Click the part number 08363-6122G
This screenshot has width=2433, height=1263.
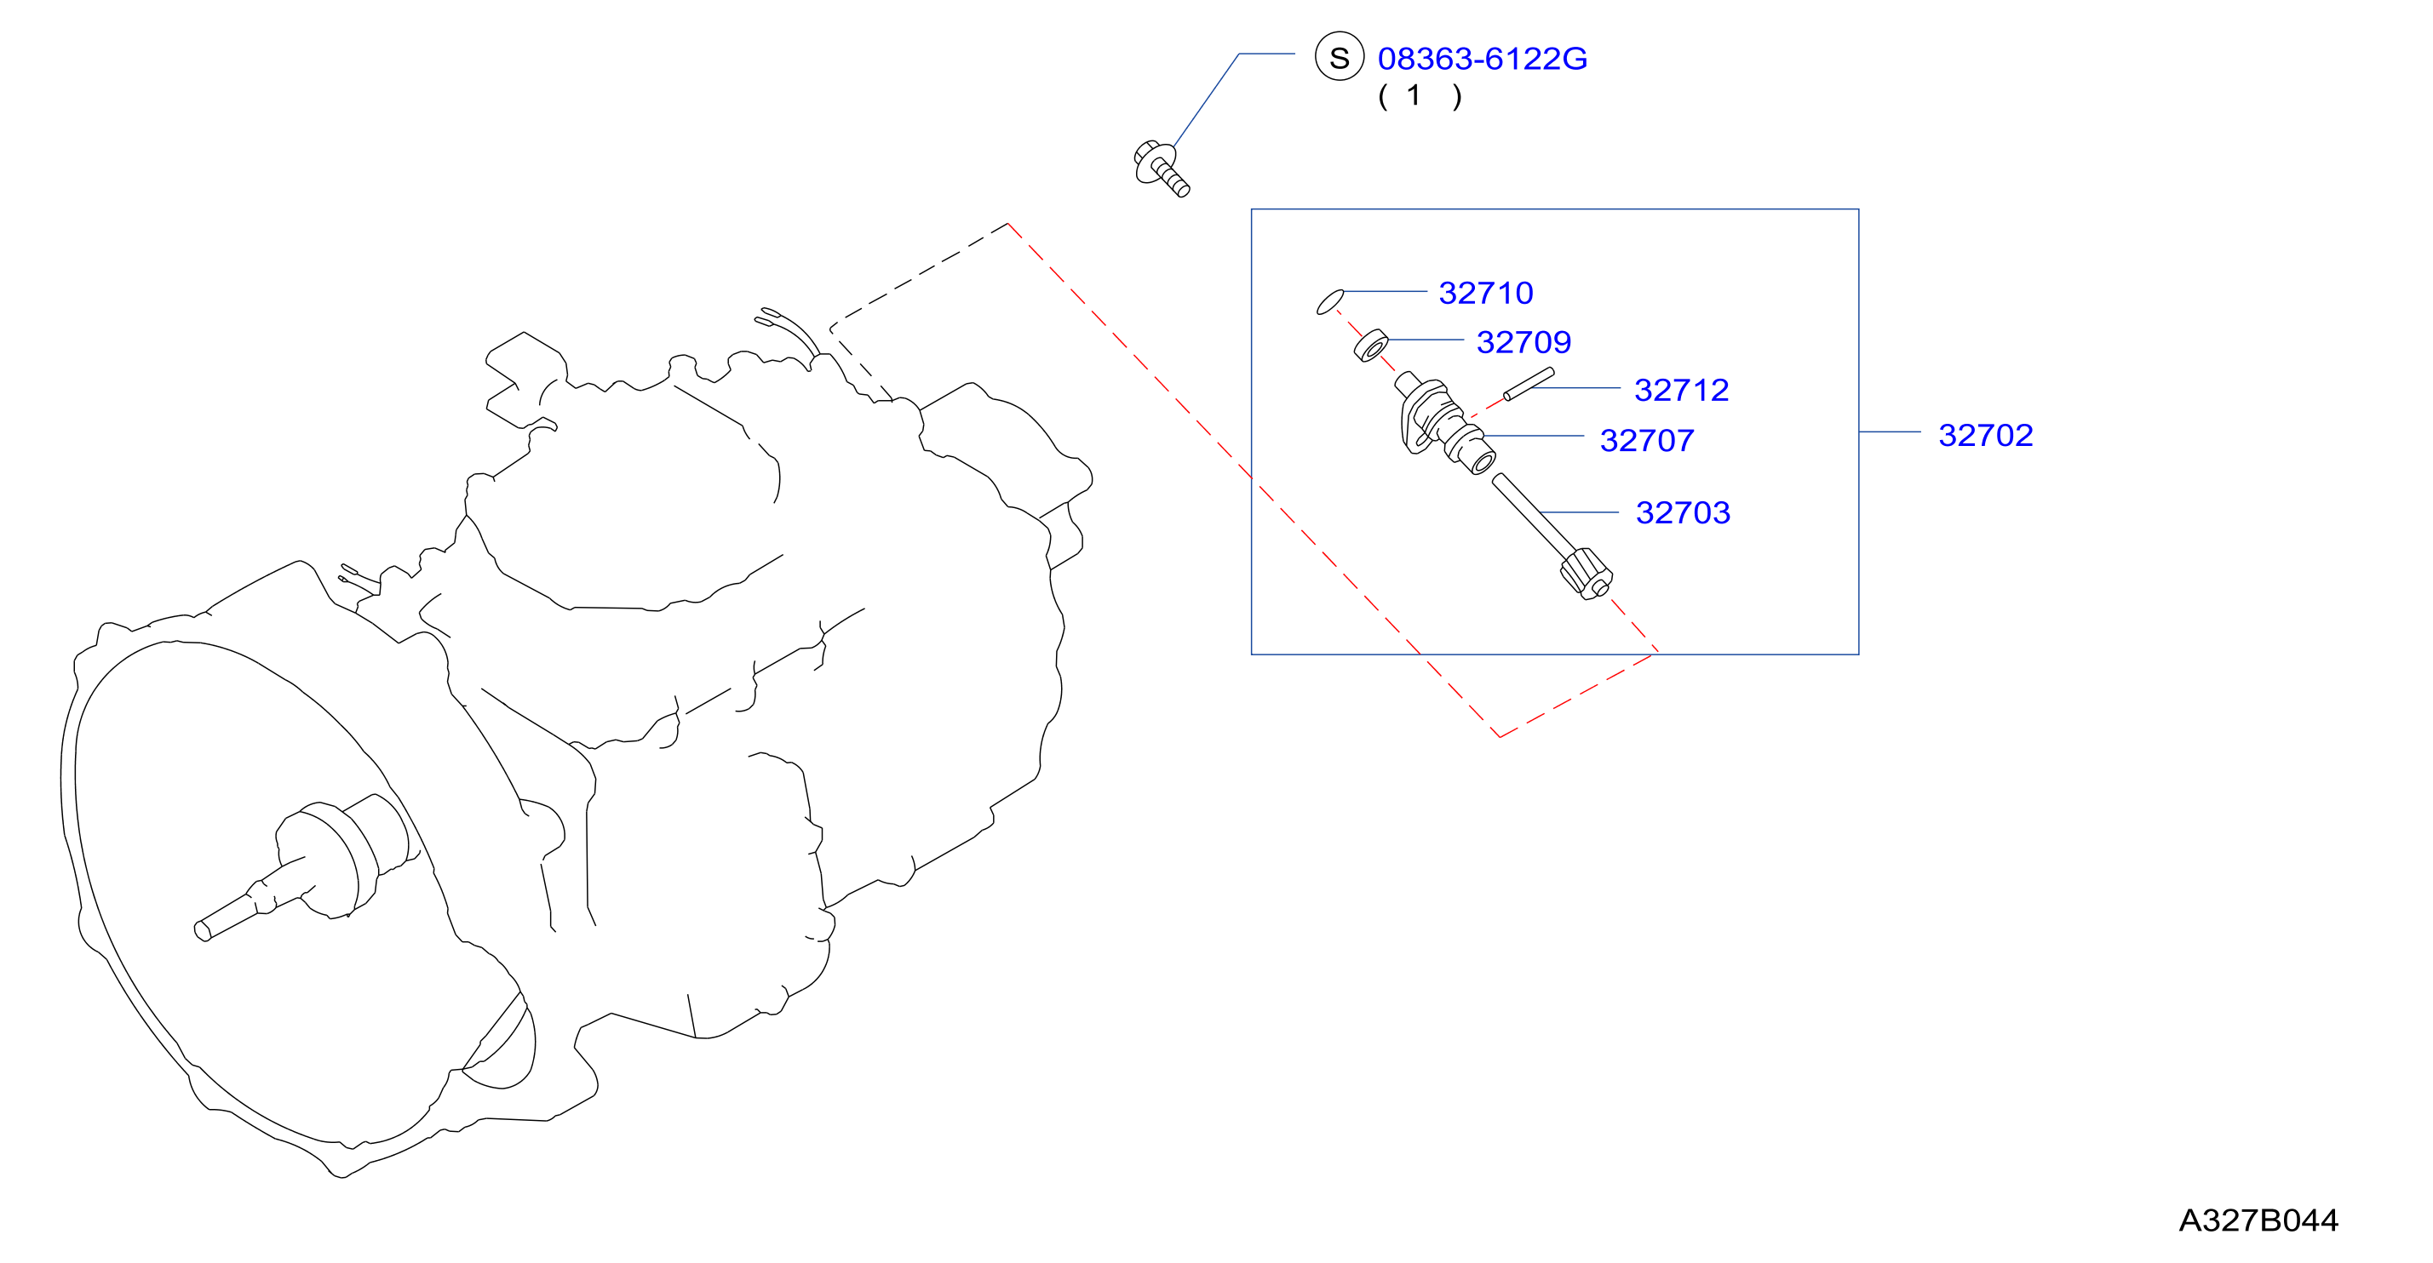[1482, 59]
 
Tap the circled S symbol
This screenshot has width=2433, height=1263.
[1340, 57]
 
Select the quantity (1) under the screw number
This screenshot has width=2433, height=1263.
[1420, 95]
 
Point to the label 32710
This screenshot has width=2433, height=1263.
[1486, 293]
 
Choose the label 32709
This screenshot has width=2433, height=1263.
[1523, 342]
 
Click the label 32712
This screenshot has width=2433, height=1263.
[1681, 390]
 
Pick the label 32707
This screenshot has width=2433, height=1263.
[1646, 440]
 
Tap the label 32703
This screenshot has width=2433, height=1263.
[1682, 512]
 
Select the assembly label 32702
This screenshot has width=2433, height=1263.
[1985, 435]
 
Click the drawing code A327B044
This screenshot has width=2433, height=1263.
[2258, 1220]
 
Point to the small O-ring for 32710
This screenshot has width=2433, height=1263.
[1330, 302]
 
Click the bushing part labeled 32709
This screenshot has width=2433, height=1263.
[1371, 346]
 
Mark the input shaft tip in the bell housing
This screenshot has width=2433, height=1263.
[202, 932]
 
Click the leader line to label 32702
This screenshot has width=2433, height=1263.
[1889, 432]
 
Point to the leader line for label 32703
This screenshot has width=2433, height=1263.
[1578, 512]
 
